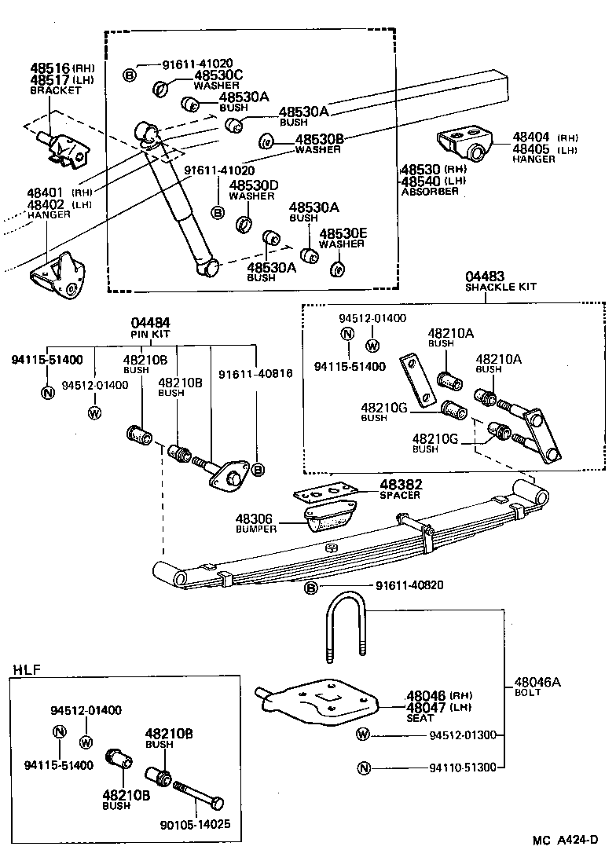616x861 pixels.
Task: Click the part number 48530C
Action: [x=219, y=75]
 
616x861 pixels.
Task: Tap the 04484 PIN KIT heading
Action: [x=151, y=324]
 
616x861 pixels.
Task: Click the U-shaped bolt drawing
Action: [x=344, y=625]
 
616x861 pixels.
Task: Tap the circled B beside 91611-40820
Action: [x=311, y=588]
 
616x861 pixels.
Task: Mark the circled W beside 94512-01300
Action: [x=363, y=735]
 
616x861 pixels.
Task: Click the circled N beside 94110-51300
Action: [x=363, y=768]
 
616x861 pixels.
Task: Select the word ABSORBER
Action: [x=429, y=191]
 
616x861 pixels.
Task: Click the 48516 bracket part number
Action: [x=49, y=68]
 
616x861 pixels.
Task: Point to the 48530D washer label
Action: [x=253, y=185]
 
